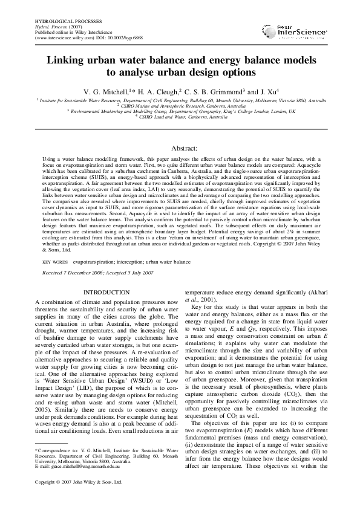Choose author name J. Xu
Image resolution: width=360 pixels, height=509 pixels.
(269, 91)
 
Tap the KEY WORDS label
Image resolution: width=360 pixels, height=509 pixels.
(55, 262)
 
